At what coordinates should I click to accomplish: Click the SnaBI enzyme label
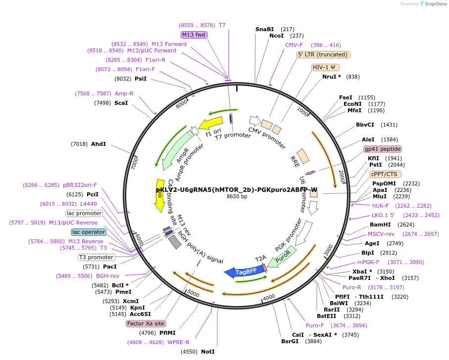pyautogui.click(x=264, y=29)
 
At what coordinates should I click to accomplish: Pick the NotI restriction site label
pyautogui.click(x=208, y=352)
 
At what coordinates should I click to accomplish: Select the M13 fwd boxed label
pyautogui.click(x=194, y=35)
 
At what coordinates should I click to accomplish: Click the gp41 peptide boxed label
pyautogui.click(x=383, y=149)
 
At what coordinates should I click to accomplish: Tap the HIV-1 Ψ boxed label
pyautogui.click(x=326, y=67)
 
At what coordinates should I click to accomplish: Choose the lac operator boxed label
pyautogui.click(x=89, y=232)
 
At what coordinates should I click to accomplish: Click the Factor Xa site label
pyautogui.click(x=146, y=323)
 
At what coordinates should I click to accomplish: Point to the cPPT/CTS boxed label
pyautogui.click(x=386, y=174)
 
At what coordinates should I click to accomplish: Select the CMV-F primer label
pyautogui.click(x=294, y=45)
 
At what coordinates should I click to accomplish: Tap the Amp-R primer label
pyautogui.click(x=124, y=93)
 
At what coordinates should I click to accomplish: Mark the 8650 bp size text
pyautogui.click(x=237, y=196)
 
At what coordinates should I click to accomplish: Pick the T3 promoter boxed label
pyautogui.click(x=96, y=257)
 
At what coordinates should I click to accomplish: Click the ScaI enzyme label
pyautogui.click(x=121, y=103)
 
